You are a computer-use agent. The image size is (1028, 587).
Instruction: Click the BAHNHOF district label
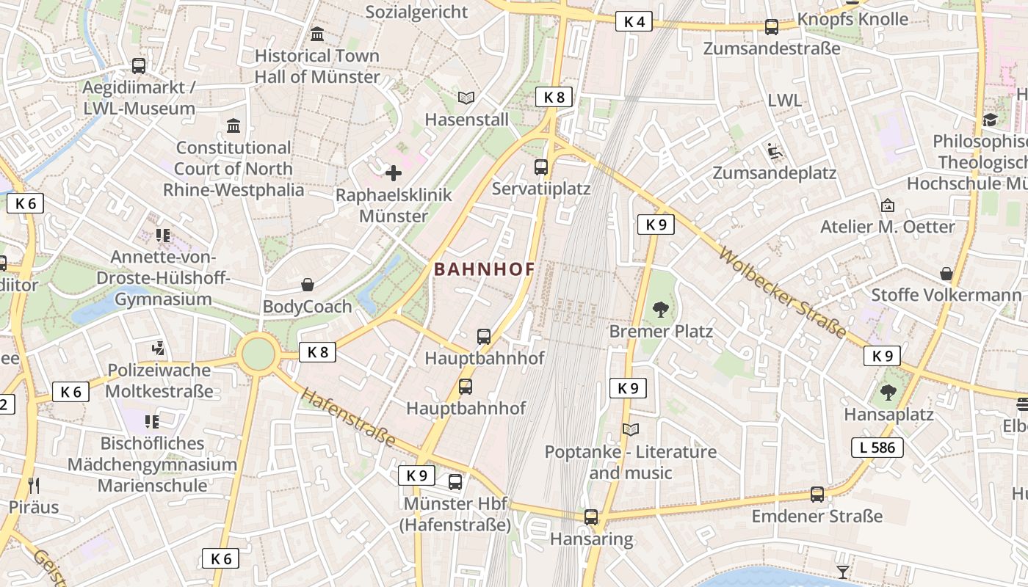pos(485,269)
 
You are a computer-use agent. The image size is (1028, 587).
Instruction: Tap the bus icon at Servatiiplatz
pos(541,167)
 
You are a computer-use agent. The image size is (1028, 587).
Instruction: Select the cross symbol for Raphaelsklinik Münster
pos(394,173)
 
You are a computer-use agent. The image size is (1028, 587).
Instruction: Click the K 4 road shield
pos(634,22)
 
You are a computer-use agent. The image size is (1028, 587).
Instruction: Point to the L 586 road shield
pos(877,447)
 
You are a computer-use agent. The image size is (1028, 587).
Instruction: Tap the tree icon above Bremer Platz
pos(661,309)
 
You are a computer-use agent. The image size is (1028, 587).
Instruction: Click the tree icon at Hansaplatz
pos(888,393)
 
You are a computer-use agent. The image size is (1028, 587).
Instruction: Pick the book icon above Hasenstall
pos(466,98)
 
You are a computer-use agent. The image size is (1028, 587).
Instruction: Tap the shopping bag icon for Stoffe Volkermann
pos(946,274)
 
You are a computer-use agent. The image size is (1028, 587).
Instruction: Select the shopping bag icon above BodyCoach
pos(308,285)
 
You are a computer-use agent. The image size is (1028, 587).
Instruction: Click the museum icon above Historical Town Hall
pos(317,34)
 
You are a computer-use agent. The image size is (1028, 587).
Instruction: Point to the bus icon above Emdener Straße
pos(817,495)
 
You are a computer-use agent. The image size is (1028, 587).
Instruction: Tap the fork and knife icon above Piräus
pos(34,485)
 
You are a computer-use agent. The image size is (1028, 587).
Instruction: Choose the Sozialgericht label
pos(416,12)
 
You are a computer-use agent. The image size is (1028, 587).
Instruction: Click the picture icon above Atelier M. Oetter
pos(888,205)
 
